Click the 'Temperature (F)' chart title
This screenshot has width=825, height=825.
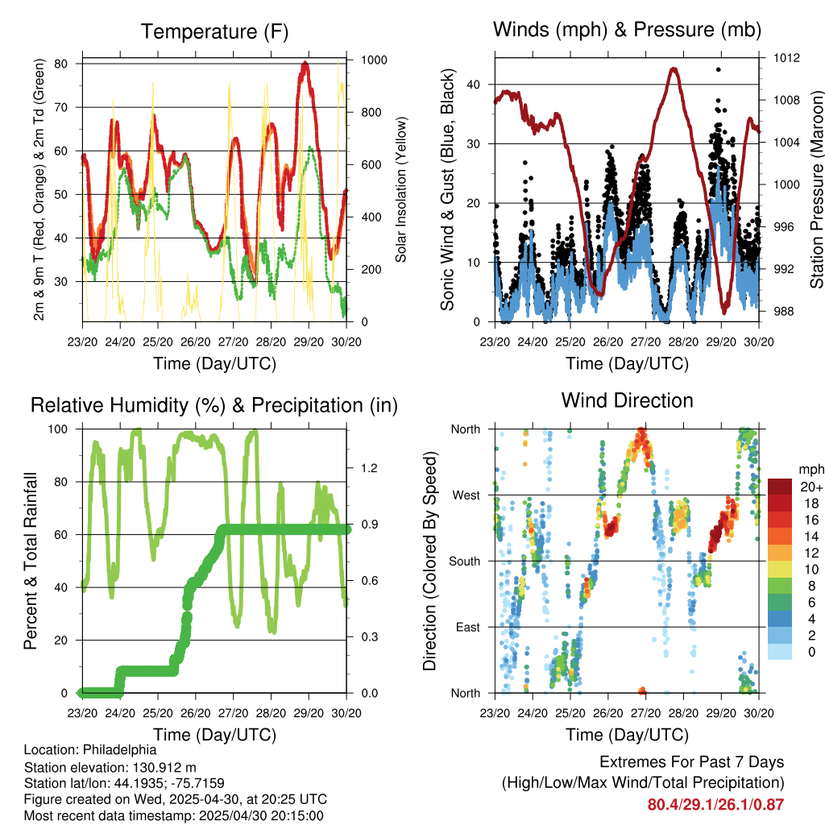click(214, 31)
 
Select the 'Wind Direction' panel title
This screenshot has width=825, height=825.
click(627, 400)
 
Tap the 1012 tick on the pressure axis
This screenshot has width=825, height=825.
click(786, 58)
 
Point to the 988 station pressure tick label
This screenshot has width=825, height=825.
click(783, 312)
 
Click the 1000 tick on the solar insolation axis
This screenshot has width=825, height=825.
click(374, 60)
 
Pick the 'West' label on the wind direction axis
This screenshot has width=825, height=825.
click(466, 495)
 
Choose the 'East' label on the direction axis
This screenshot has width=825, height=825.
click(468, 627)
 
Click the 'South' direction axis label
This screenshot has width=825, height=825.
click(465, 562)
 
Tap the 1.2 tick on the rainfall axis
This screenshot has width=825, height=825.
click(369, 468)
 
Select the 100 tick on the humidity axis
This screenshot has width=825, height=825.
click(58, 429)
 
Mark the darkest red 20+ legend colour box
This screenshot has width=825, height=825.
click(780, 487)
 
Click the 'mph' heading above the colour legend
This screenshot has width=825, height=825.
click(811, 470)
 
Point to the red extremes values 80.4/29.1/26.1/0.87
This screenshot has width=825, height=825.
click(715, 805)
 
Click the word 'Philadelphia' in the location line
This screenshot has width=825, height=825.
click(119, 750)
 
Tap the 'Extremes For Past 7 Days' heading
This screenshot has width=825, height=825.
click(692, 762)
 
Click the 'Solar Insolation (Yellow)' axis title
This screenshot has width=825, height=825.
click(401, 189)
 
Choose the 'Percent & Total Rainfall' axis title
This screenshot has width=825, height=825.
click(31, 561)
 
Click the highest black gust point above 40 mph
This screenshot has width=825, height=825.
click(718, 69)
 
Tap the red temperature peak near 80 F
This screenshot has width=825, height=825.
click(305, 64)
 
